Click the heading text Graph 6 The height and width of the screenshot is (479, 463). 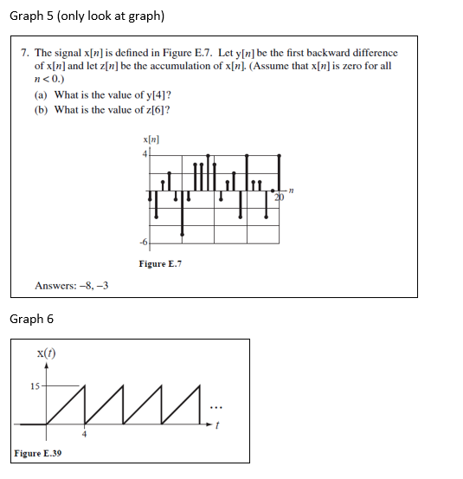[x=31, y=319]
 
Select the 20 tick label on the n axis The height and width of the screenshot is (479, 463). [x=279, y=198]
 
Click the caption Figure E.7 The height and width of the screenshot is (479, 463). [x=160, y=263]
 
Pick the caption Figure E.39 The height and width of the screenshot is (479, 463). [x=38, y=453]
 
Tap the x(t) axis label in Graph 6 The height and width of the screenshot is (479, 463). [x=47, y=353]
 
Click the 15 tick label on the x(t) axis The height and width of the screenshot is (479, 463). [x=35, y=386]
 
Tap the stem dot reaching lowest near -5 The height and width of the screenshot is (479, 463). [x=183, y=233]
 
